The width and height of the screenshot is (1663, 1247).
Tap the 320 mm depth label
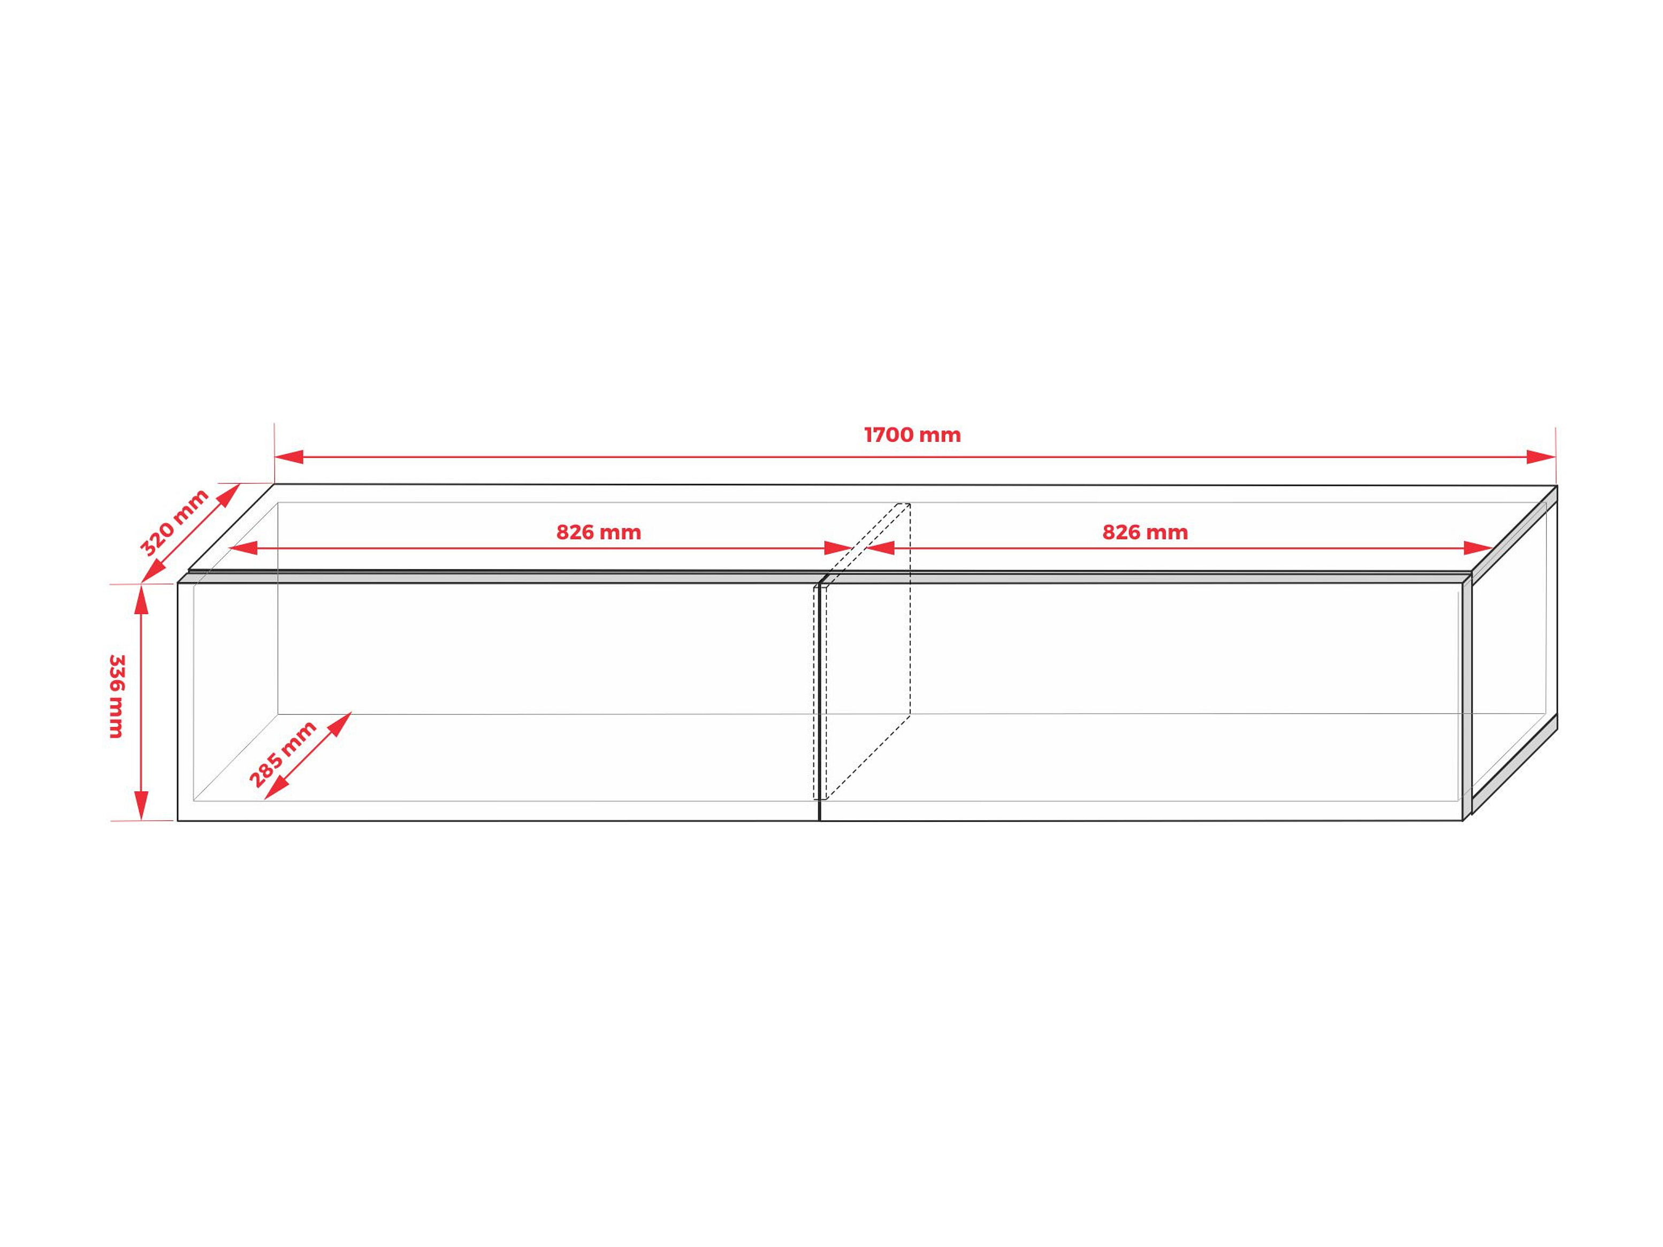(174, 521)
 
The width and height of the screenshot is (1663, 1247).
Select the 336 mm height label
(117, 696)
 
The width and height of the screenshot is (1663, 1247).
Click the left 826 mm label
(598, 533)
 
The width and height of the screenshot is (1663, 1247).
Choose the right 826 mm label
(1145, 533)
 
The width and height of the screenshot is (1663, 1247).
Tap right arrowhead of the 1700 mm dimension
(1541, 457)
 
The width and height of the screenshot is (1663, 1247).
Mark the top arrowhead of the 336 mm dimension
(141, 600)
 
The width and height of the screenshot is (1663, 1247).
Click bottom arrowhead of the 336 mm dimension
(141, 806)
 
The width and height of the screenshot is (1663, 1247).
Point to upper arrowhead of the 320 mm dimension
(230, 494)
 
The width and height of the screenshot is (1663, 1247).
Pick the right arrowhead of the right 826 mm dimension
(1478, 548)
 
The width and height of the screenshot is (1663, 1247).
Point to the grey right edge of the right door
(1467, 699)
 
